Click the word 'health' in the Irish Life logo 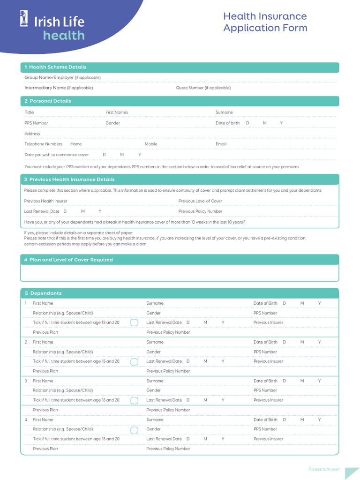64,36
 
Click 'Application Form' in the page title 265,28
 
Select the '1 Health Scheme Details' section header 55,67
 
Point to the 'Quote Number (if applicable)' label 203,88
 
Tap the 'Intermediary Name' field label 59,88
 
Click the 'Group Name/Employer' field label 62,77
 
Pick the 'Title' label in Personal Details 29,112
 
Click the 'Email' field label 221,144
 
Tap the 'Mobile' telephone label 151,144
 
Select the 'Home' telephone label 76,144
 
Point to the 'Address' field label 32,134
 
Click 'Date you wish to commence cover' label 56,155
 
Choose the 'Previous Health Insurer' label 45,201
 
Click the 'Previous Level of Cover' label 200,201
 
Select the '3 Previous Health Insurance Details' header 69,180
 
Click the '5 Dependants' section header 43,293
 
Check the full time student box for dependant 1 134,322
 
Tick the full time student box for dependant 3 134,400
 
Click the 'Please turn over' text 324,469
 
